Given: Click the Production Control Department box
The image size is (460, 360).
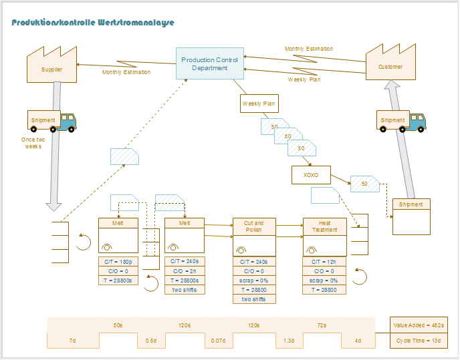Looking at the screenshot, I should point(209,63).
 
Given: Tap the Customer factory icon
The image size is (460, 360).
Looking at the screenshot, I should point(390,63).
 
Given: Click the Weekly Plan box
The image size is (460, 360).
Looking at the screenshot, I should point(259,104).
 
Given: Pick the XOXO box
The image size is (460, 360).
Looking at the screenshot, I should point(311,176).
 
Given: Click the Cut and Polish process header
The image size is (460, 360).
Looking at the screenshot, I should point(253,226).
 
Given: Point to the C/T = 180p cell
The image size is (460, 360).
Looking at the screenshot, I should point(118,262).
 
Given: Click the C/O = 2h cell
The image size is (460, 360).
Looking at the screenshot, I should point(185,271).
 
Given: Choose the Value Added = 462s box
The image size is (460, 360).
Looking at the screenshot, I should point(419,325).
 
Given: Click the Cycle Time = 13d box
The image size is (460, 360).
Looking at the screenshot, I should point(419,341).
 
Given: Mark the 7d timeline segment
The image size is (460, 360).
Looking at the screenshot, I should point(73,341).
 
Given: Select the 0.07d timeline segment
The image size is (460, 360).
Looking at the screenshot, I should point(218,341).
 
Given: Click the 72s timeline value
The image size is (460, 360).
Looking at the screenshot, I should point(322,325).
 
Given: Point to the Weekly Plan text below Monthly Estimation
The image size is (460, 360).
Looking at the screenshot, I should point(304,79).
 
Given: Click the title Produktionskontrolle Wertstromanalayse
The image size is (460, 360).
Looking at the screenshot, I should point(93,22).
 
